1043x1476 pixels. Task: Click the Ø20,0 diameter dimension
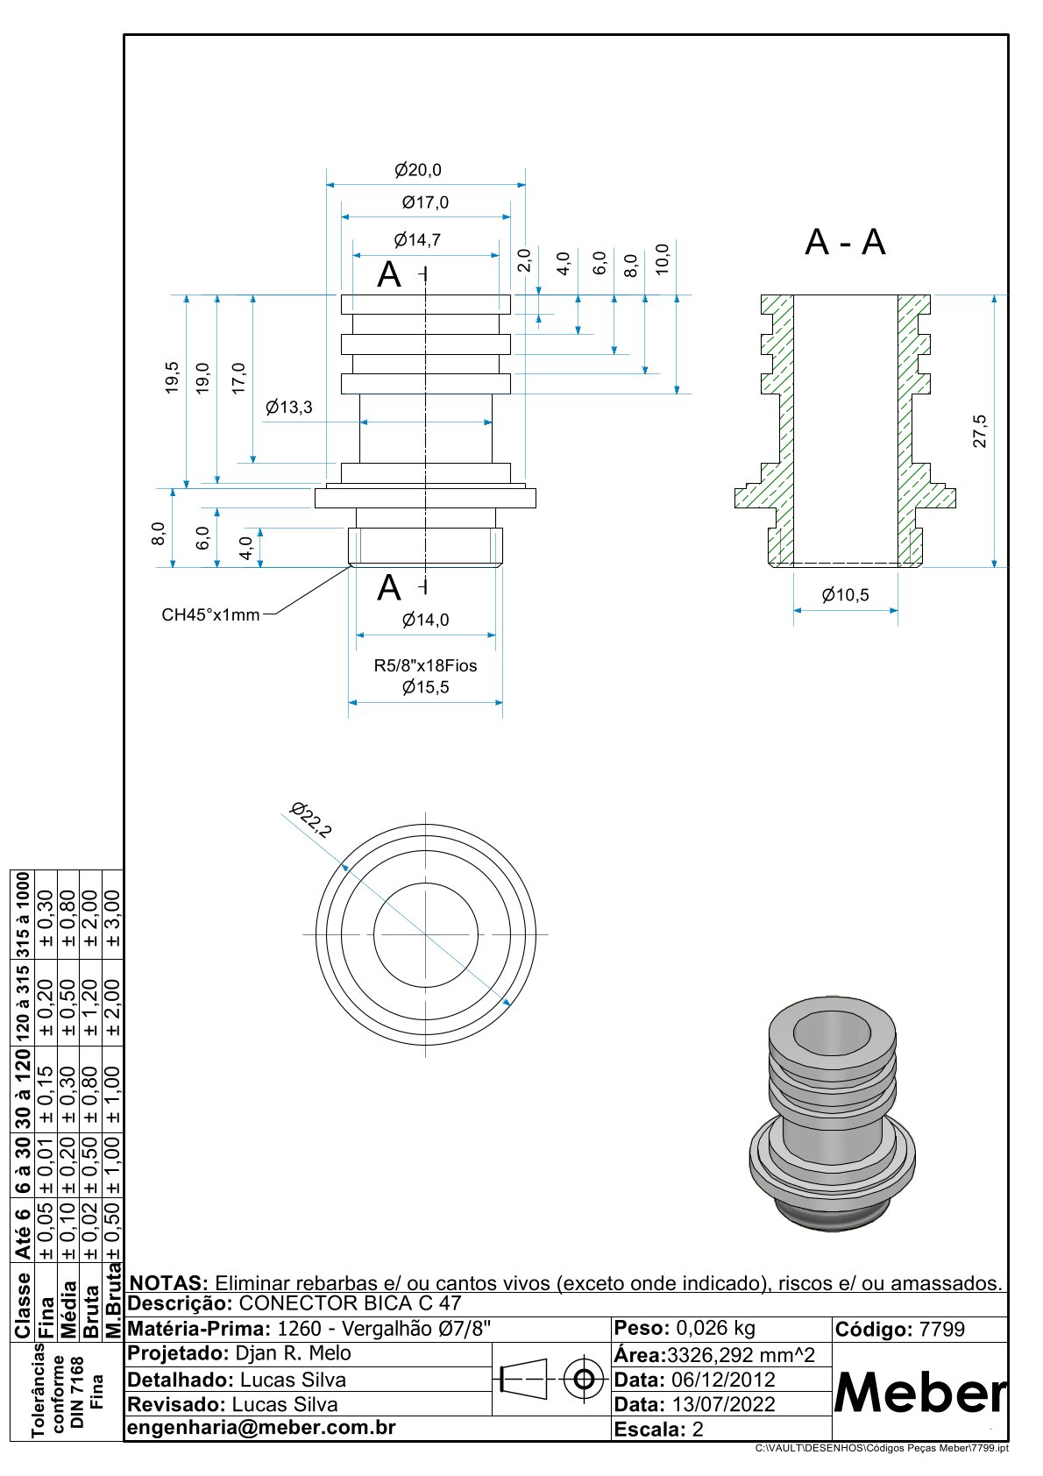[x=417, y=170]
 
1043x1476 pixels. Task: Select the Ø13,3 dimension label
[x=288, y=407]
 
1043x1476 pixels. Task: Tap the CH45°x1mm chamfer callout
[x=210, y=614]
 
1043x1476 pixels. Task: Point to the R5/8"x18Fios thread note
[x=425, y=665]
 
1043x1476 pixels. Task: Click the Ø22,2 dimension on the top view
[x=311, y=820]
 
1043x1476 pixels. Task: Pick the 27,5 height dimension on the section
[x=980, y=431]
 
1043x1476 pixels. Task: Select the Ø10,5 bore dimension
[x=845, y=595]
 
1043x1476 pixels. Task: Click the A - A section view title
[x=845, y=242]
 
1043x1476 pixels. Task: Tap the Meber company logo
[x=919, y=1392]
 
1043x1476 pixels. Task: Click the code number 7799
[x=941, y=1329]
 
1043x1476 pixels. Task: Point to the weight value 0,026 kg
[x=715, y=1328]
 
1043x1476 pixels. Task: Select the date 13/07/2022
[x=723, y=1404]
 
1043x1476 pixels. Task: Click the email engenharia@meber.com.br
[x=261, y=1427]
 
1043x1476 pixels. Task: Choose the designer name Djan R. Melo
[x=293, y=1353]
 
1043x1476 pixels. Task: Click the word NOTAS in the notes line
[x=168, y=1283]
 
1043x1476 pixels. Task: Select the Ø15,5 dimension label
[x=425, y=687]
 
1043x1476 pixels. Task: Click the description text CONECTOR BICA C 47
[x=350, y=1303]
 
